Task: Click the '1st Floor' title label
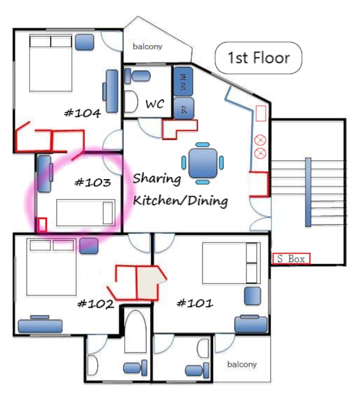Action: click(258, 57)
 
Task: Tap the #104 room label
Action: click(82, 113)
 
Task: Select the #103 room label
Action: click(92, 182)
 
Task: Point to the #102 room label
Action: click(95, 304)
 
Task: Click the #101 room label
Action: click(195, 303)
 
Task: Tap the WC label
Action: click(154, 104)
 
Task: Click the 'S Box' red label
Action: click(291, 258)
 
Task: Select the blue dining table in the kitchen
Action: click(202, 163)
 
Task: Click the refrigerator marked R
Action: click(183, 108)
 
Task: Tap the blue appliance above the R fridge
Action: click(183, 81)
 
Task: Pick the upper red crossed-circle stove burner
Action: click(260, 141)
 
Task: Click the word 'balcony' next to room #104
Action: click(147, 46)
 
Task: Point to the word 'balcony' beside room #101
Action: click(242, 365)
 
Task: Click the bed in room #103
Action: click(86, 213)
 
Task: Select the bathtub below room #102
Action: click(135, 332)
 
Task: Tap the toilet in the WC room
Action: click(138, 76)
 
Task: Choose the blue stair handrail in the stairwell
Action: click(308, 192)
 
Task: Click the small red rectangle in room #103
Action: click(42, 225)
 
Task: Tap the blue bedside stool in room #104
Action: click(84, 42)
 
